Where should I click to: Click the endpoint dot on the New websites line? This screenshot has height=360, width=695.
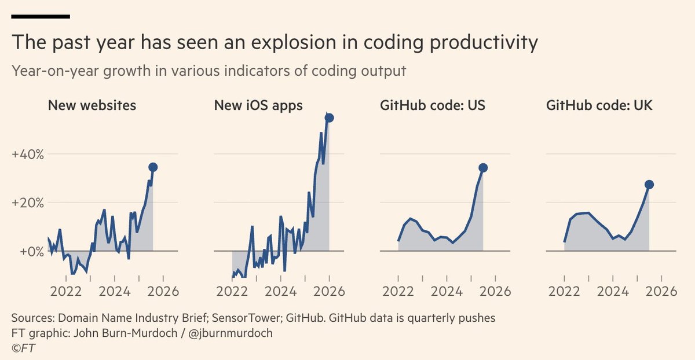point(153,167)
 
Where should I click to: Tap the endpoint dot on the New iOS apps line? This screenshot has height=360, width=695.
point(329,118)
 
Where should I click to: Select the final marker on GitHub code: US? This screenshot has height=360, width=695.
point(483,168)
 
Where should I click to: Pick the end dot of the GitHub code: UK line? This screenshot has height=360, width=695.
point(649,185)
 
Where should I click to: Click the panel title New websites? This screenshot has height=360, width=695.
point(92,106)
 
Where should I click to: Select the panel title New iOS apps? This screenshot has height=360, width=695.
point(258,106)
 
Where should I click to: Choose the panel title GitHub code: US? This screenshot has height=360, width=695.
point(433,106)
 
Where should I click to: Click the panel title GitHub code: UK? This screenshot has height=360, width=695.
point(599,106)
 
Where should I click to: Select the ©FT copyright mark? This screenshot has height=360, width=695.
point(24,348)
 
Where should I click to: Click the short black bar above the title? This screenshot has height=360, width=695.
point(41,16)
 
